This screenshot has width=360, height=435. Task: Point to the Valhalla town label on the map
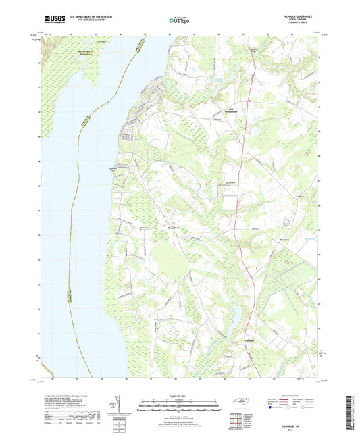coord(249,342)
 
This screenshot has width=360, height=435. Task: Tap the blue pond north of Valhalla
coord(236,317)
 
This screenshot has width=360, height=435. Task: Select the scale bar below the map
coord(180,407)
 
